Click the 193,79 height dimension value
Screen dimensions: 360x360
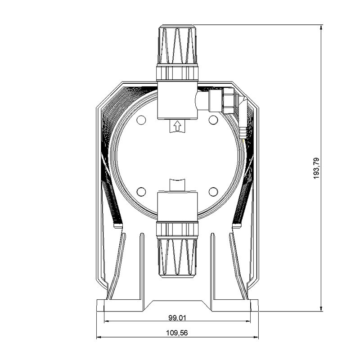tap(316, 168)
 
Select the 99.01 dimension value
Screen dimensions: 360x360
tap(177, 318)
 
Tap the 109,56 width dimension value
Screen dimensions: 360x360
tap(177, 333)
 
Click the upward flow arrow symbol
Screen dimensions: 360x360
tap(177, 126)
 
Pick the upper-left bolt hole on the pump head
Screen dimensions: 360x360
tap(141, 120)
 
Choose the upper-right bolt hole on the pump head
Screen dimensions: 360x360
tap(213, 120)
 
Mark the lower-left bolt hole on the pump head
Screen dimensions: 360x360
tap(141, 192)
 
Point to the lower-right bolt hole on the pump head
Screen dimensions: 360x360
tap(213, 192)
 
